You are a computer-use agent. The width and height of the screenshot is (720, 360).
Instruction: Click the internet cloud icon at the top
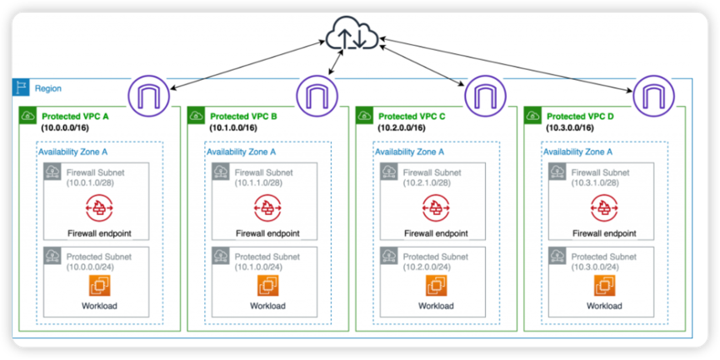coord(351,36)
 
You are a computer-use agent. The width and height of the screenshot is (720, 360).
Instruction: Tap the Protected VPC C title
coord(412,117)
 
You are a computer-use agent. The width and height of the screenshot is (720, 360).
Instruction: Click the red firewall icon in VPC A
coord(98,206)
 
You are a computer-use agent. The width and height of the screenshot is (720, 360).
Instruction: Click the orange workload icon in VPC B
coord(267,286)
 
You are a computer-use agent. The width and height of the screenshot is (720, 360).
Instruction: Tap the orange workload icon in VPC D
coord(603,286)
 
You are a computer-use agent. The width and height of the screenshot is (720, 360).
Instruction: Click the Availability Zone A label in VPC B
coord(241,152)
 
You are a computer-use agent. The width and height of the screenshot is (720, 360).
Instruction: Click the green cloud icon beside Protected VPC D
coord(532,116)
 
